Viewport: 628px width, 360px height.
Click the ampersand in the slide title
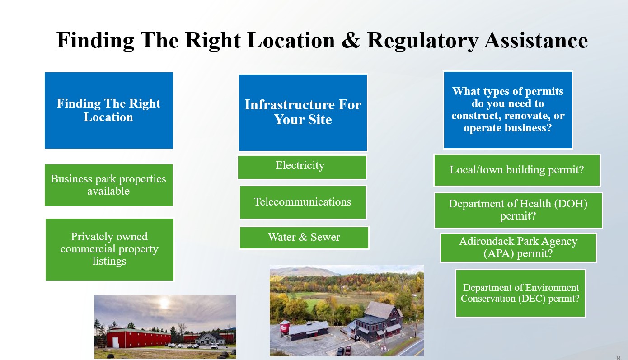pyautogui.click(x=351, y=40)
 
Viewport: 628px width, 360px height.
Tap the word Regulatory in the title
pyautogui.click(x=422, y=41)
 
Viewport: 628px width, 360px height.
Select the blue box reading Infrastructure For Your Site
pyautogui.click(x=303, y=112)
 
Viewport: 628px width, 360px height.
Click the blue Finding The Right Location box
pyautogui.click(x=109, y=111)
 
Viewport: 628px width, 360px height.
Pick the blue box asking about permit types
pyautogui.click(x=508, y=110)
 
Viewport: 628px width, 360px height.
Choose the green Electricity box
pyautogui.click(x=302, y=167)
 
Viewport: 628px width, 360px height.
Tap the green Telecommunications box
pyautogui.click(x=303, y=202)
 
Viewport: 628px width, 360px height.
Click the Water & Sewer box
pyautogui.click(x=304, y=238)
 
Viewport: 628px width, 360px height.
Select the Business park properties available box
pyautogui.click(x=108, y=185)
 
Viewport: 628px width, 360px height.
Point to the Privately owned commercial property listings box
pyautogui.click(x=109, y=249)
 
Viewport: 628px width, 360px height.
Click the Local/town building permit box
pyautogui.click(x=517, y=170)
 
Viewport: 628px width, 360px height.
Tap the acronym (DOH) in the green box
pyautogui.click(x=571, y=204)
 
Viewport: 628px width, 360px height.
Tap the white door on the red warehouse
pyautogui.click(x=115, y=342)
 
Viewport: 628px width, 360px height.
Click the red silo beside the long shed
pyautogui.click(x=284, y=327)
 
